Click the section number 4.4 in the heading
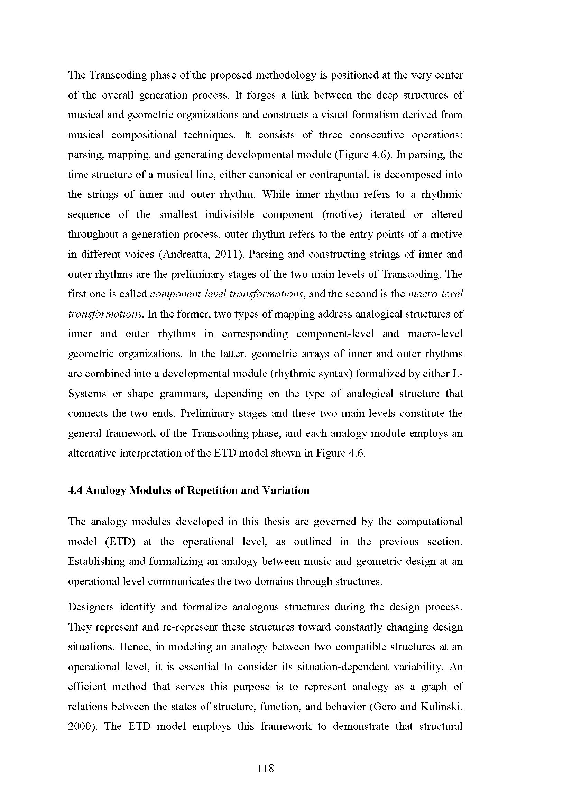click(x=75, y=490)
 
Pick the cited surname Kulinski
click(x=445, y=707)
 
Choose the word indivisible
click(x=230, y=214)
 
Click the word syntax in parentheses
click(x=335, y=374)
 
